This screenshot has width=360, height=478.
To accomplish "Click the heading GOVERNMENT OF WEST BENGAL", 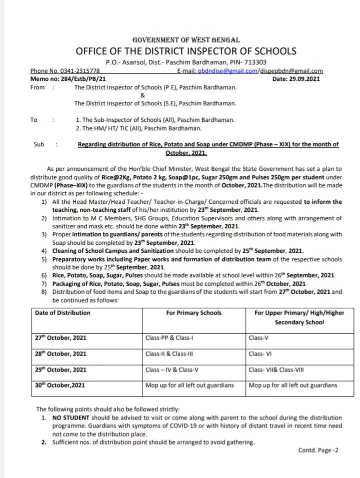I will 186,39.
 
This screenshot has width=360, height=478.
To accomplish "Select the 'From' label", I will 37,87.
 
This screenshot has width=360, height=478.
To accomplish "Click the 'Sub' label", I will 39,145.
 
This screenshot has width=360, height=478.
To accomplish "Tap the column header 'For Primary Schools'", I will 193,313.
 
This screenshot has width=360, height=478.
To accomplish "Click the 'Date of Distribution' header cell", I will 63,313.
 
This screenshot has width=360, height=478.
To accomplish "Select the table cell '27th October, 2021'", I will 60,338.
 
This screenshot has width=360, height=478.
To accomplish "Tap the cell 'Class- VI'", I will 260,354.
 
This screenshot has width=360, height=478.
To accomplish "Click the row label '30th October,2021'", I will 60,385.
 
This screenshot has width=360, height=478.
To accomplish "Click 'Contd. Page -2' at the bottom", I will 318,450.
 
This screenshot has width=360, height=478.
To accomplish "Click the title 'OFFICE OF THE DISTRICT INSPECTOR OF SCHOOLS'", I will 186,51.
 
